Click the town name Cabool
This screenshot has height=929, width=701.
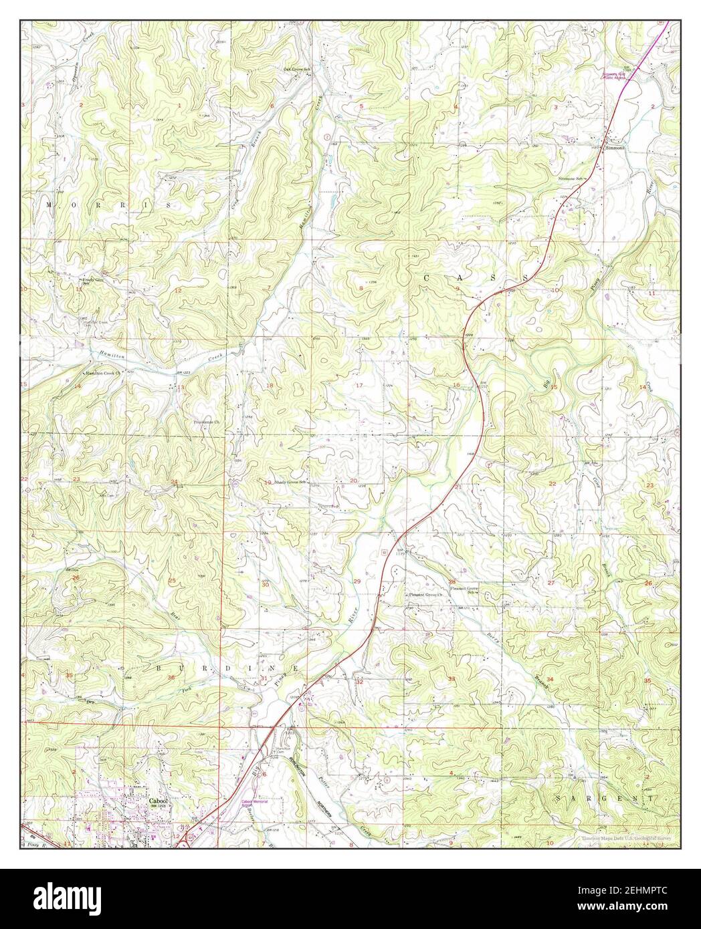coord(158,800)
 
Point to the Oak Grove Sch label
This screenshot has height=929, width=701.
coord(299,69)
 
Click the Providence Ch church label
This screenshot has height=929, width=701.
coord(207,423)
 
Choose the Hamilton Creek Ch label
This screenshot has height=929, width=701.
coord(104,374)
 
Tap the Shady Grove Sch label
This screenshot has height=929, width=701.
coord(290,482)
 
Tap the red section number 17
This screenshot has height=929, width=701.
coord(359,386)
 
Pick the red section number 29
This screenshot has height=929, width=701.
coord(357,581)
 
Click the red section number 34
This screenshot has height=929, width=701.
coord(550,679)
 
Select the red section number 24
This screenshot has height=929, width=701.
coord(174,482)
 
